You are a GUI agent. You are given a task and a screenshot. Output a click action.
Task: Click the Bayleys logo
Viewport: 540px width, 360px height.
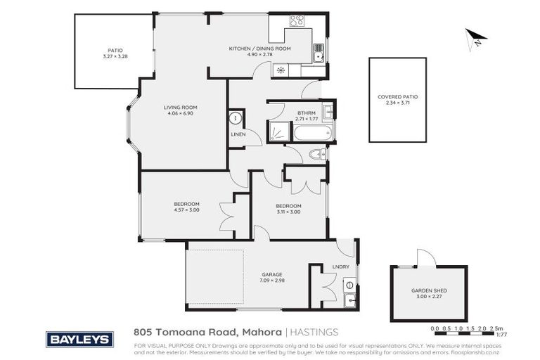pos(79,339)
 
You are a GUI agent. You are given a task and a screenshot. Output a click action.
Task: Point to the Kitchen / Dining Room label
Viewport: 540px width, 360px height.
pos(251,49)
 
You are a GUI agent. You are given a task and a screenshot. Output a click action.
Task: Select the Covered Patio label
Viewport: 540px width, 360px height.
pos(397,96)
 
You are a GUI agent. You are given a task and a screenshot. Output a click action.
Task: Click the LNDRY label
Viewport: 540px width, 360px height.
pos(340,266)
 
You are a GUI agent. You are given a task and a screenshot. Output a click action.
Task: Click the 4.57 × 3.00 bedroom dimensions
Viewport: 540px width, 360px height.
pos(187,209)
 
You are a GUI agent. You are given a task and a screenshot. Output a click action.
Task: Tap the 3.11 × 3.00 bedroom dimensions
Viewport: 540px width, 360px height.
pos(288,212)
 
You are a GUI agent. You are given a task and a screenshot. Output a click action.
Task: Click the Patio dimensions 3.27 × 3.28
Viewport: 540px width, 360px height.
pos(115,56)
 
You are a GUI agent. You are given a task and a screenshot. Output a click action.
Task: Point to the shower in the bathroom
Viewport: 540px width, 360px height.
pos(280,131)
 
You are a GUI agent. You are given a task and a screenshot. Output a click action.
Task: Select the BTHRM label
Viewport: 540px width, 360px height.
pos(305,112)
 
